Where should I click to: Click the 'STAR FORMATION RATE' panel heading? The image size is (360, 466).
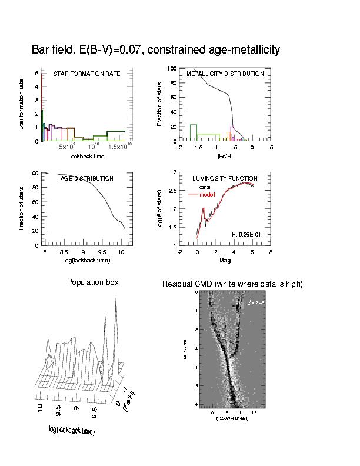86,74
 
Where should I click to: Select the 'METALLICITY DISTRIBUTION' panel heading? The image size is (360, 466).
225,74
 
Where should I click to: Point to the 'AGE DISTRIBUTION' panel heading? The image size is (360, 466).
87,178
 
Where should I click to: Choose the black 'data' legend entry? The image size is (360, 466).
205,187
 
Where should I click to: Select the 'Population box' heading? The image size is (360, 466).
93,282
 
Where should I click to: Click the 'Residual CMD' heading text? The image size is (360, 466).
232,284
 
